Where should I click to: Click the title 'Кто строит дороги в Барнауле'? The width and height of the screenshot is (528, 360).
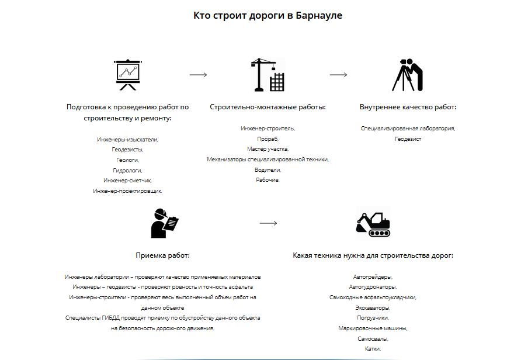pos(268,16)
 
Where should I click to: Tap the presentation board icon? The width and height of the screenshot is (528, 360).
pos(127,74)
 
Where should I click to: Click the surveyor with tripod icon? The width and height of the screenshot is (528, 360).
pos(408,74)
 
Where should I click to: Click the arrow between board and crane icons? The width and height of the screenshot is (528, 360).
pos(198,75)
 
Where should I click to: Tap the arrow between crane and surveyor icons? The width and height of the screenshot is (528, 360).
pos(338,75)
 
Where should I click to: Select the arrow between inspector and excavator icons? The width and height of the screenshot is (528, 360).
pos(268,223)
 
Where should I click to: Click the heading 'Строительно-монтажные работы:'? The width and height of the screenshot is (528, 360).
pos(268,107)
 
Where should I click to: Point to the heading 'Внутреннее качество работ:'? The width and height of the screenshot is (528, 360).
pos(408,107)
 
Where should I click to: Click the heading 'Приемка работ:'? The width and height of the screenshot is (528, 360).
pos(162,255)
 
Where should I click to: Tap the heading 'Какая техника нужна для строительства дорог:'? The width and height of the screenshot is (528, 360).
pos(373,255)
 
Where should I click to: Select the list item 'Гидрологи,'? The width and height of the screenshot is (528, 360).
pos(127,170)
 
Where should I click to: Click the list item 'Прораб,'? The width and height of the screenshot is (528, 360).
pos(268,139)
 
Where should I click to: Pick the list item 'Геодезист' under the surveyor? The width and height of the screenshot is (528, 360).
pos(408,139)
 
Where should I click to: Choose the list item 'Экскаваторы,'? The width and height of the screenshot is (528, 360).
pos(373,307)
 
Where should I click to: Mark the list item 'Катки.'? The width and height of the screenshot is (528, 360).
pos(373,349)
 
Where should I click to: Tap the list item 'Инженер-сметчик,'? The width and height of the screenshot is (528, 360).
pos(127,181)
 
